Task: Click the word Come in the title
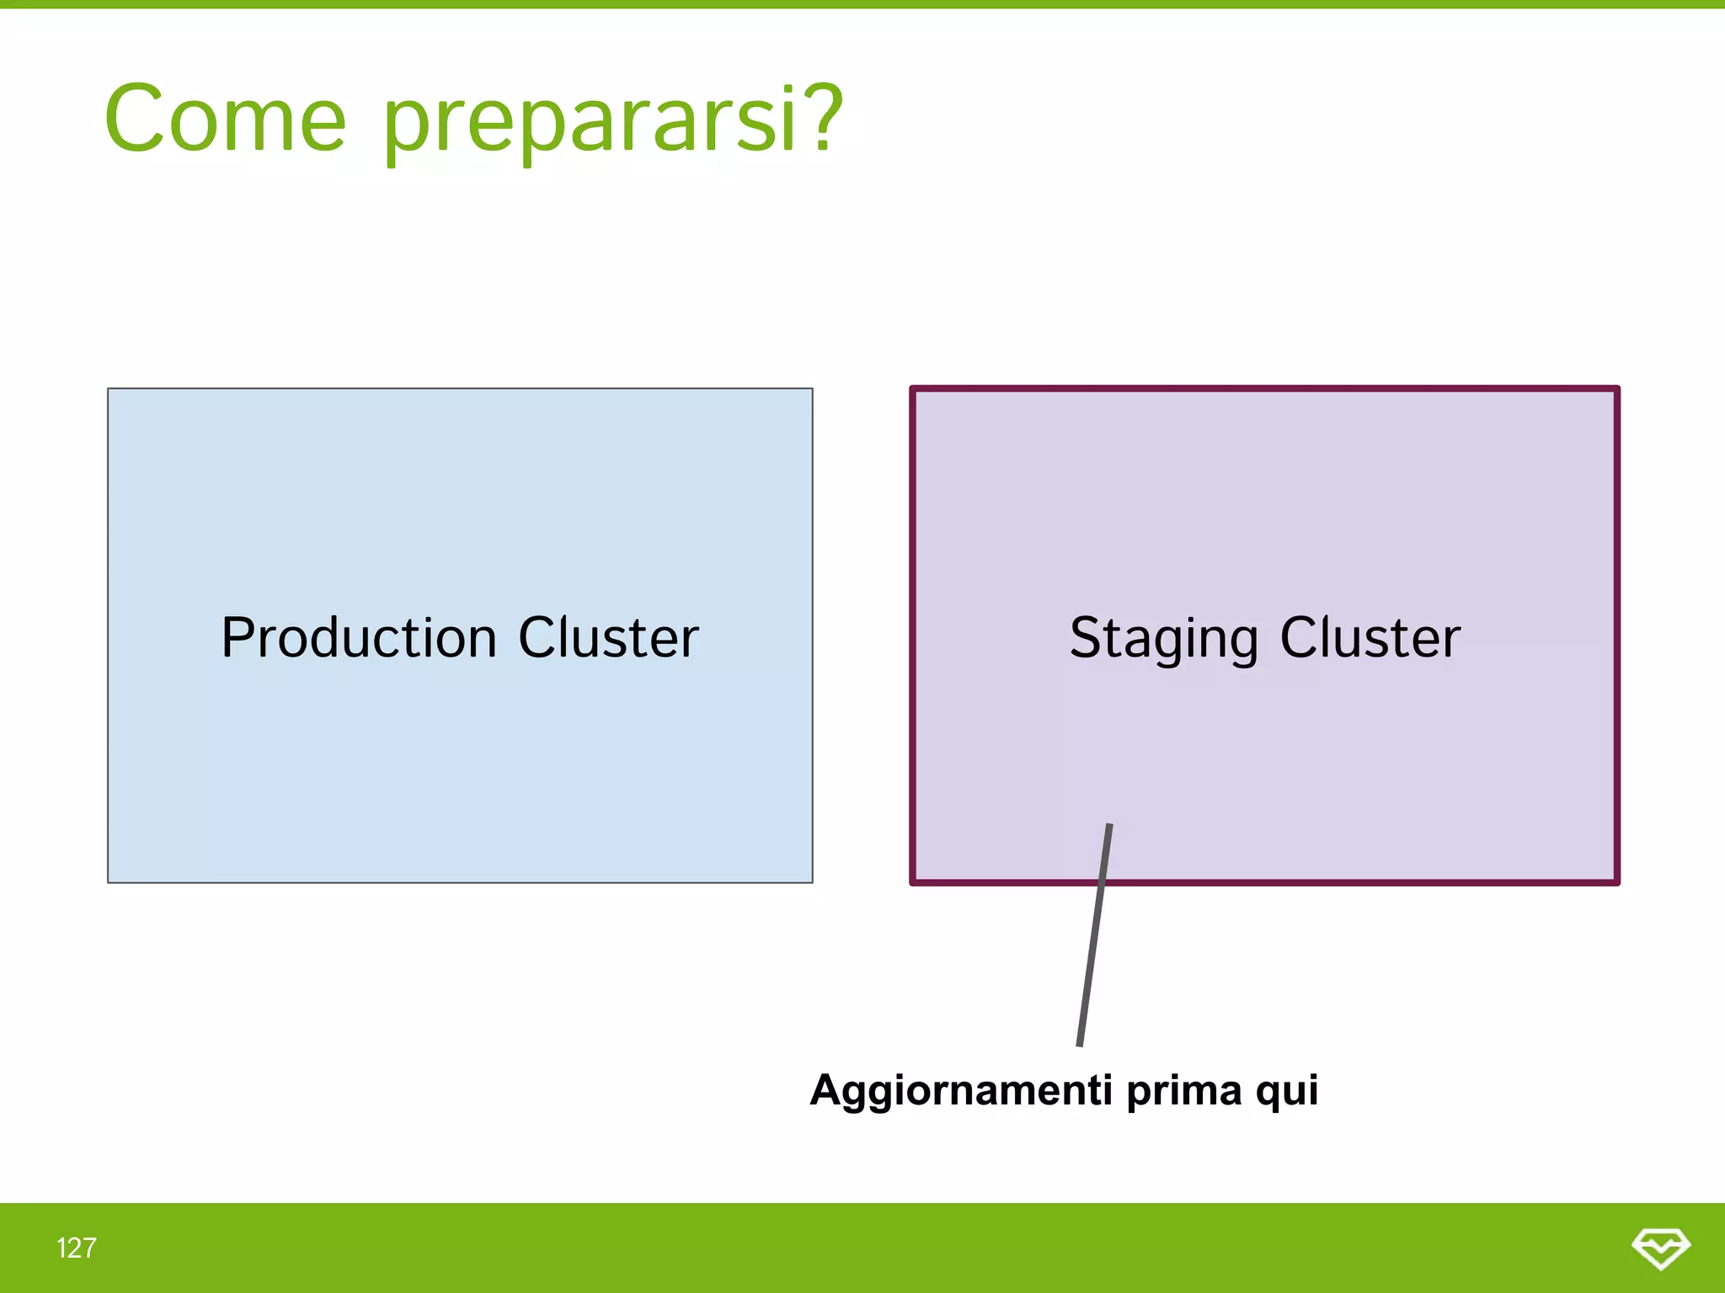[225, 120]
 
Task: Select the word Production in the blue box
[359, 637]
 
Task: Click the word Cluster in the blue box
[608, 637]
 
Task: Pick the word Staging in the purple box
[1163, 638]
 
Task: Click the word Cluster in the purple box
[1370, 637]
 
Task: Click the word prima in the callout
[1183, 1091]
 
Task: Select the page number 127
[76, 1248]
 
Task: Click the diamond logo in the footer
[1660, 1248]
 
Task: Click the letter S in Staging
[1086, 637]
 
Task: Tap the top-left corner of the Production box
[109, 389]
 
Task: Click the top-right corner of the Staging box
[1616, 389]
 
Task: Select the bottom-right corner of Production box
[812, 881]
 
